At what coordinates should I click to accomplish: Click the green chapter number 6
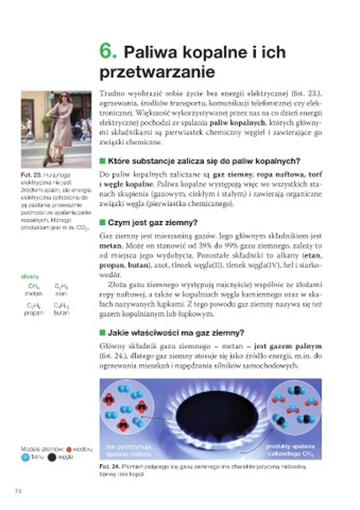click(x=108, y=52)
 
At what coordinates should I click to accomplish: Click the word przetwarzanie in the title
click(x=157, y=73)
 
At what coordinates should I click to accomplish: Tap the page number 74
click(x=18, y=491)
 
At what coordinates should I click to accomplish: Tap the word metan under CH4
click(x=33, y=294)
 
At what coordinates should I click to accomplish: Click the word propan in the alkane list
click(x=33, y=313)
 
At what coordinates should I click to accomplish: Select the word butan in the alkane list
click(x=61, y=313)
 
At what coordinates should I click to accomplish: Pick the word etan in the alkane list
click(x=61, y=294)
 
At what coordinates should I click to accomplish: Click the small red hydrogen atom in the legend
click(x=68, y=449)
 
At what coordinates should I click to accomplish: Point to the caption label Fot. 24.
click(x=107, y=466)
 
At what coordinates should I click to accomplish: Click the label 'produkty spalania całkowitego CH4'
click(x=285, y=449)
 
